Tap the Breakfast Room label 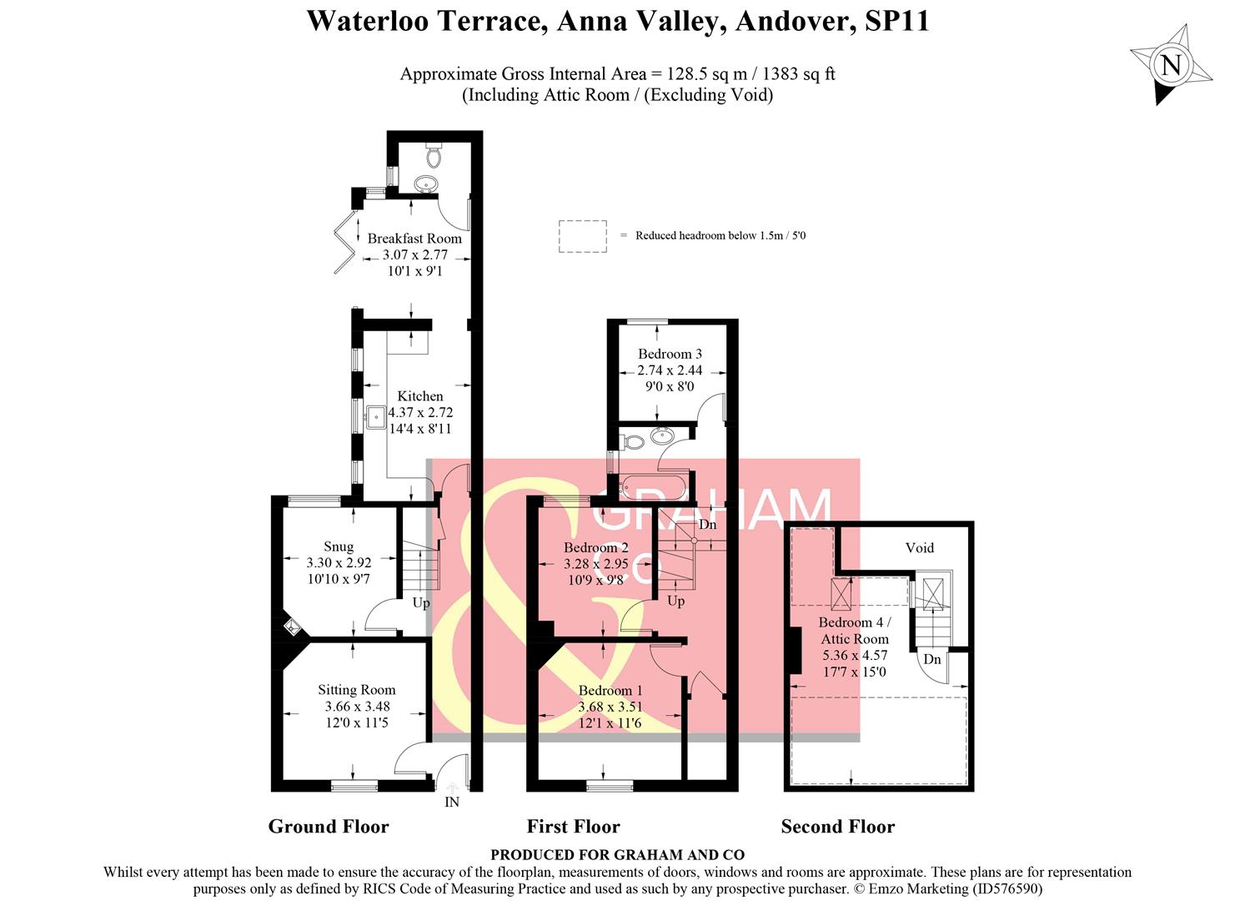click(x=414, y=239)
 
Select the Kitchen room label click(x=419, y=396)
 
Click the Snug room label click(x=339, y=546)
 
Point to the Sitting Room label click(x=356, y=690)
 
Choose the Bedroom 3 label click(x=670, y=354)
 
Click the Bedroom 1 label click(x=610, y=691)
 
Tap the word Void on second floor click(x=919, y=548)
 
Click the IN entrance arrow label click(x=451, y=802)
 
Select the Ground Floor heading click(x=329, y=827)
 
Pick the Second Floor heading click(x=837, y=827)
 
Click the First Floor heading click(x=573, y=827)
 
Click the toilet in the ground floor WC click(x=434, y=156)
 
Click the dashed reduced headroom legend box click(x=582, y=236)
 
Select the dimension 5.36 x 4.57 click(x=855, y=656)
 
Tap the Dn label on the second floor click(x=931, y=659)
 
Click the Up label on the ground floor click(x=421, y=602)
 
